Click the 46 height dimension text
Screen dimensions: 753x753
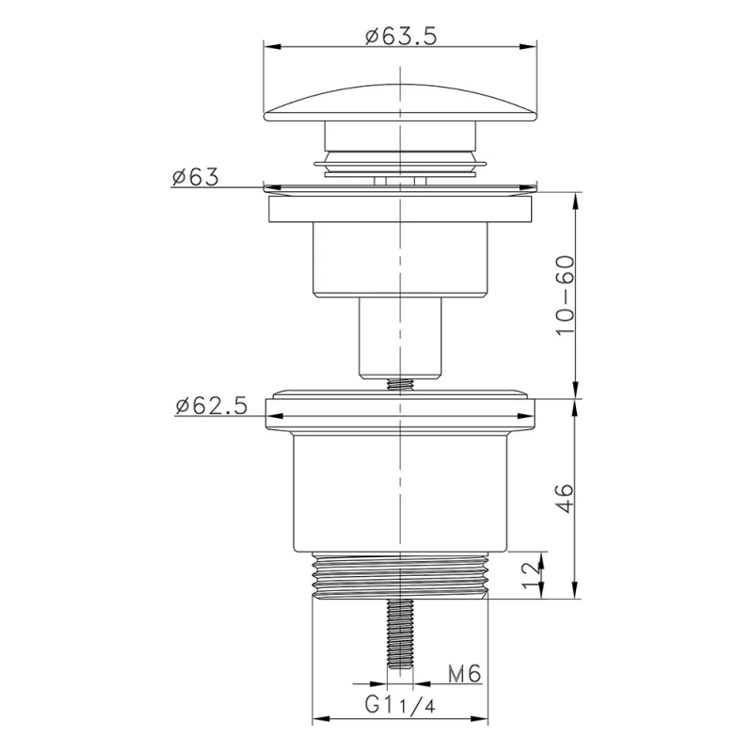[x=565, y=497]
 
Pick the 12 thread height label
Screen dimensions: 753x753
[x=532, y=571]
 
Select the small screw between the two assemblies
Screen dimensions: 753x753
[x=401, y=384]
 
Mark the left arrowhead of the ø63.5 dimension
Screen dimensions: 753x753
[x=267, y=45]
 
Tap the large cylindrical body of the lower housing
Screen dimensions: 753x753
[x=401, y=494]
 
